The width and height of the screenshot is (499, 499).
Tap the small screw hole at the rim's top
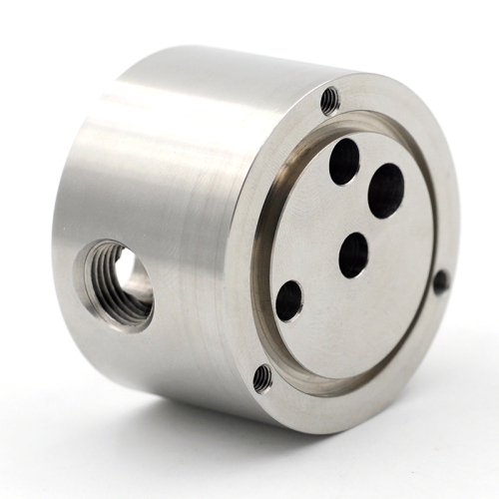click(x=330, y=98)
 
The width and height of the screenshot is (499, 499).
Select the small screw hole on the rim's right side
click(x=440, y=281)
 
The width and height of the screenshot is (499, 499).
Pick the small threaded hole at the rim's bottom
click(x=262, y=377)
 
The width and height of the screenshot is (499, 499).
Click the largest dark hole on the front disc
click(x=385, y=191)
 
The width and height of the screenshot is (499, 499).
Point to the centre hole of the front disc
click(x=353, y=255)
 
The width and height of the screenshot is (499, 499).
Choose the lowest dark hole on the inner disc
click(x=289, y=300)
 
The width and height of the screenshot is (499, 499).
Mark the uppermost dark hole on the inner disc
click(x=344, y=162)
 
